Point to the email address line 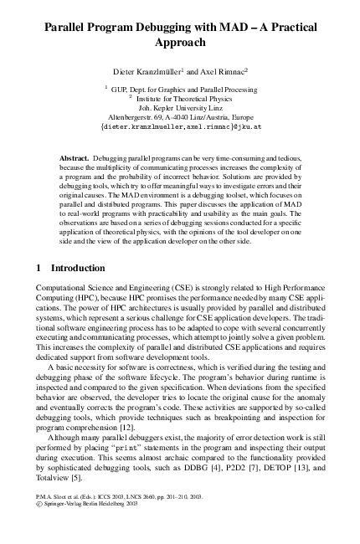(x=180, y=128)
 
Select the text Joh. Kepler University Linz (x=179, y=107)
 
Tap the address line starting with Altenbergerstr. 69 (x=179, y=117)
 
